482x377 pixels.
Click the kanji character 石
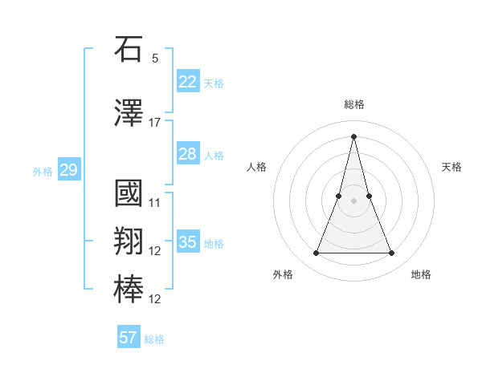(129, 49)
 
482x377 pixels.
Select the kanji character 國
(129, 193)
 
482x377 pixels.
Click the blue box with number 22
(187, 81)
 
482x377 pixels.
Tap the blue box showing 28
(187, 154)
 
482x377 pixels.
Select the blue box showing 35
(187, 242)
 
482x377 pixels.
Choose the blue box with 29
(68, 170)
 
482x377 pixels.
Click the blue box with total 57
(129, 338)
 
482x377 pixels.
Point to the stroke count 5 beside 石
(155, 59)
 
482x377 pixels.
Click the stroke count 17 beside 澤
(155, 123)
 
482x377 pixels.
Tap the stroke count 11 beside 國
(155, 203)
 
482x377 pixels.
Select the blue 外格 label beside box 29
(42, 171)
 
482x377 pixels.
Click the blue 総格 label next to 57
(154, 339)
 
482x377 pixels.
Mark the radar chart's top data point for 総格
(353, 136)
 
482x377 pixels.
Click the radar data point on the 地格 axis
(391, 253)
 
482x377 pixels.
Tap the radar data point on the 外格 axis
(316, 253)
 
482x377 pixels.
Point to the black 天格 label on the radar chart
(451, 167)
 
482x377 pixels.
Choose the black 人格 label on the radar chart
(256, 167)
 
